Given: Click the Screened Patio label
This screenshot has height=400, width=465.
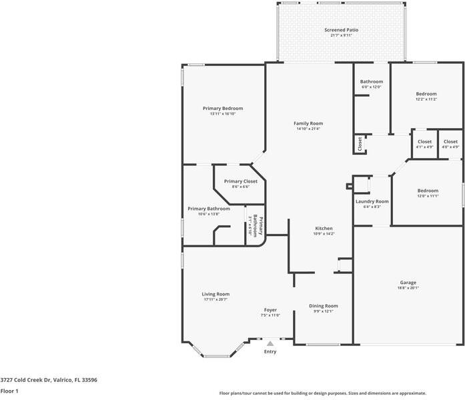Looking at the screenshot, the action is [x=341, y=30].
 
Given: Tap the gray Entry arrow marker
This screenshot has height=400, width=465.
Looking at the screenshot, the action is [x=270, y=344].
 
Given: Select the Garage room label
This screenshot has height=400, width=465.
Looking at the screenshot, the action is [x=408, y=283].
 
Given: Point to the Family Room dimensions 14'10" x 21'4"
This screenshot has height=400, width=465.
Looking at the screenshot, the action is [x=308, y=129].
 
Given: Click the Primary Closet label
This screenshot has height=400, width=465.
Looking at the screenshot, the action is [x=241, y=181].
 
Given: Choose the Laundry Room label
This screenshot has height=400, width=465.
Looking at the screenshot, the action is [x=372, y=201].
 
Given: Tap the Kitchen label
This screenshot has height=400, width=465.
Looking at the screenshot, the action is [x=324, y=229].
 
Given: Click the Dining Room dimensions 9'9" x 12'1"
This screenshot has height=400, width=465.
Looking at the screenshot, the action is [x=324, y=311].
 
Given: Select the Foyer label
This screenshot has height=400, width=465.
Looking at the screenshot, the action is [x=270, y=310].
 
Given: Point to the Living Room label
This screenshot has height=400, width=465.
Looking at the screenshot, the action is [x=215, y=294].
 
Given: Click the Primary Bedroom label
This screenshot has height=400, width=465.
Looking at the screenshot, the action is [x=223, y=109].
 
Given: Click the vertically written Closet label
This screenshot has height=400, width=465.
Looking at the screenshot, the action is [x=360, y=144].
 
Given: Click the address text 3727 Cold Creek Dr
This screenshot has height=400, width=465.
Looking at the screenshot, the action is [x=26, y=380].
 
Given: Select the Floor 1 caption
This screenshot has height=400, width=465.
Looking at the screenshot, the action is [x=9, y=391].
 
